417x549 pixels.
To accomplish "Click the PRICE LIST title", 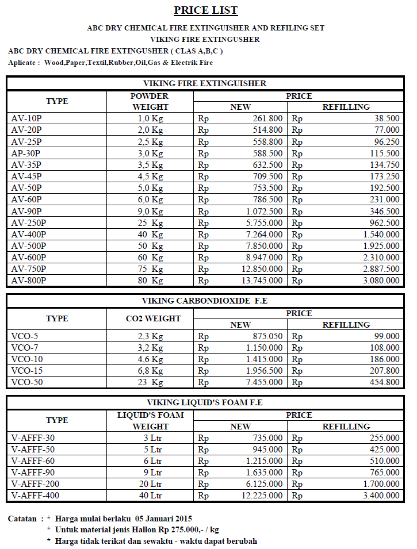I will (x=206, y=10).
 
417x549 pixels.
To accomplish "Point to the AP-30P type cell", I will (x=26, y=153).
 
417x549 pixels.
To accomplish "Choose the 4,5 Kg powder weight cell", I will (x=150, y=176).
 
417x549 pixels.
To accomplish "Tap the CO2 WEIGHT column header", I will (x=153, y=318).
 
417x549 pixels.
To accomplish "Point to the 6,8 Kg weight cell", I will (x=150, y=371).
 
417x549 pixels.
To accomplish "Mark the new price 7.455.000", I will (x=263, y=382).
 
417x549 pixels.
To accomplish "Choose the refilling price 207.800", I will (x=385, y=371).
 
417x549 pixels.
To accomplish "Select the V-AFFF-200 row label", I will (x=35, y=484).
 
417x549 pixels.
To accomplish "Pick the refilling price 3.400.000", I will (x=381, y=496).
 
